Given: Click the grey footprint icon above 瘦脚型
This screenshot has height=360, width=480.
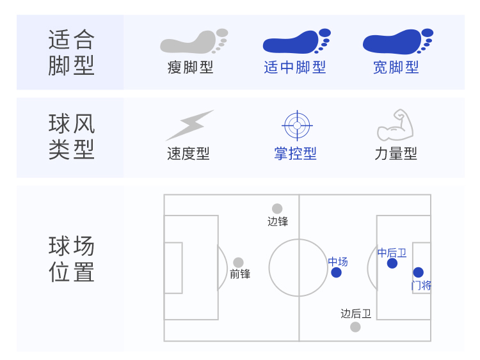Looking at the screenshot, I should (x=193, y=42).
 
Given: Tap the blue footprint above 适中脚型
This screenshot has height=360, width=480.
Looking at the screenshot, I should (x=296, y=42).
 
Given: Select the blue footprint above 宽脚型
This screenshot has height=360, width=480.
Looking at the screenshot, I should (x=397, y=42).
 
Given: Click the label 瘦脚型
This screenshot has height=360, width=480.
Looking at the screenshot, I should (x=190, y=67).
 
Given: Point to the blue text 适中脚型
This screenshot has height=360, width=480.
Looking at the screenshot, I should (x=294, y=67).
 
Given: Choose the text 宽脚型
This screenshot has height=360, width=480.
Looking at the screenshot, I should (x=396, y=67).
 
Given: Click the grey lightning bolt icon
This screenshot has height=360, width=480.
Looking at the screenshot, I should (x=189, y=125).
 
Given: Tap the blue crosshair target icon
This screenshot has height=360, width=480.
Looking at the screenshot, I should (x=296, y=126).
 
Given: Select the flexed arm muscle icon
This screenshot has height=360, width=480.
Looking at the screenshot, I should (x=396, y=125).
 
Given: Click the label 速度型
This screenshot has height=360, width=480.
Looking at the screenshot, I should (x=188, y=153).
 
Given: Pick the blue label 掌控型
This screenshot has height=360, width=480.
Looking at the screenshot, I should (x=295, y=153).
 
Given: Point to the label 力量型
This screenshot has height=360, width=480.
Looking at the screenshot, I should (x=396, y=153).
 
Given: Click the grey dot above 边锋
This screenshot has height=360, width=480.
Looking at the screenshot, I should (x=277, y=208).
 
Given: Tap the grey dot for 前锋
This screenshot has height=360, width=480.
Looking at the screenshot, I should (x=238, y=262).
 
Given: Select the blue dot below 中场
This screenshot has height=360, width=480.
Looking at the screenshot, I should (x=337, y=272).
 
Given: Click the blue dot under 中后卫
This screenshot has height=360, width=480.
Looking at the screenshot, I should (x=392, y=263).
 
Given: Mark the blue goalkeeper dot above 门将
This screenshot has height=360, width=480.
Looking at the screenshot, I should (x=419, y=272).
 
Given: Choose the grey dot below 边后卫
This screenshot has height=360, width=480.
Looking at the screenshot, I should (x=355, y=327).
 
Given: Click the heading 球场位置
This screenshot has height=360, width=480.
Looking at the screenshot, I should (x=71, y=259).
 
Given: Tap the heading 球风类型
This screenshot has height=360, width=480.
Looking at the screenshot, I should (x=71, y=136).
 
